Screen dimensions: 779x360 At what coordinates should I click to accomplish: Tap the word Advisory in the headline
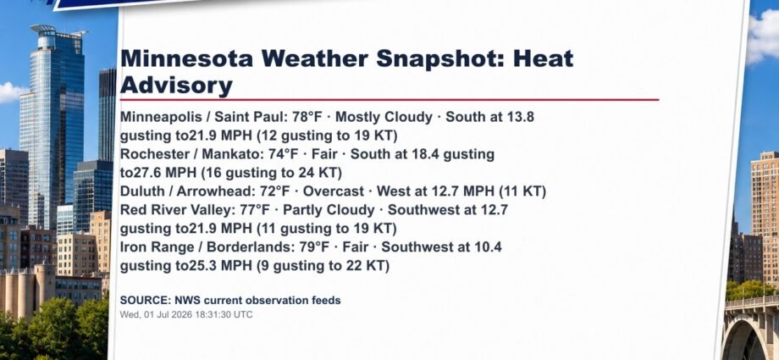click(176, 86)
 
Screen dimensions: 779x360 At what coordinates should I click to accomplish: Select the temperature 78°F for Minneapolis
click(307, 118)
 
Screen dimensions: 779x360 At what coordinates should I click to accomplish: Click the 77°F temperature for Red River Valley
click(254, 210)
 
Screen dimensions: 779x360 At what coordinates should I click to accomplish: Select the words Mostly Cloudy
click(384, 118)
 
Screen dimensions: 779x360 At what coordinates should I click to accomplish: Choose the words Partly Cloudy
click(329, 210)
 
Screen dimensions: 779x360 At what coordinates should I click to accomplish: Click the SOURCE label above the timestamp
click(145, 301)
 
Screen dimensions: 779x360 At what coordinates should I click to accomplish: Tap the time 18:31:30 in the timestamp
click(211, 315)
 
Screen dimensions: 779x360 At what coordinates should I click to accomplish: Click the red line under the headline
click(389, 99)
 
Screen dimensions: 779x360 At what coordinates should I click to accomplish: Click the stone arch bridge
click(751, 327)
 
